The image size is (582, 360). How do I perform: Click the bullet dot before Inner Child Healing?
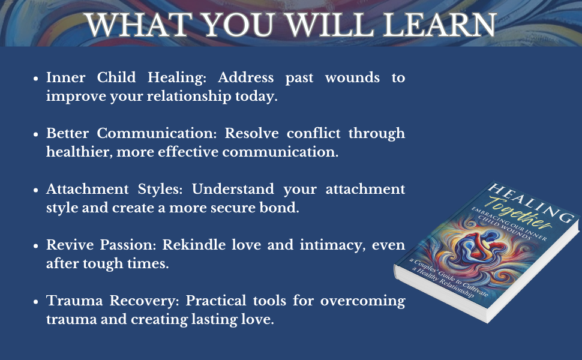(x=37, y=79)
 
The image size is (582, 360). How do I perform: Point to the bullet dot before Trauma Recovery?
(x=37, y=302)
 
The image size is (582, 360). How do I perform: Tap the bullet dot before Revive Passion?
(x=37, y=246)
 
